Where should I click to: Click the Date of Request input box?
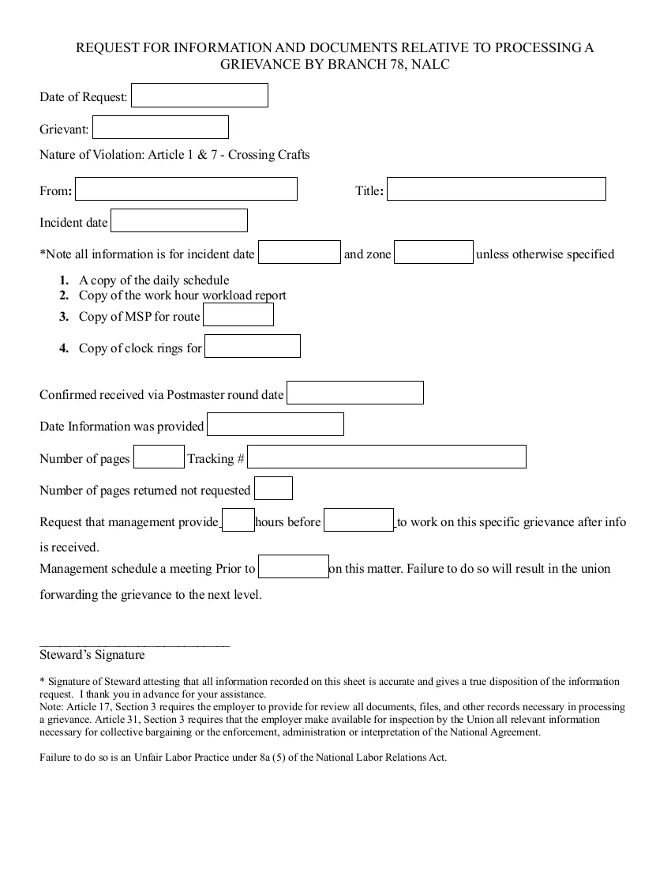click(x=199, y=96)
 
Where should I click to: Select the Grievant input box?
click(x=160, y=127)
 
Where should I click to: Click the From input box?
click(x=186, y=190)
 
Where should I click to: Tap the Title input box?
click(x=496, y=190)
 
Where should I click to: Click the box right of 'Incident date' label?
click(x=178, y=221)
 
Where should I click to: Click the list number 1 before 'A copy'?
click(x=64, y=280)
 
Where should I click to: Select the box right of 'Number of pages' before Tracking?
click(x=158, y=457)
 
